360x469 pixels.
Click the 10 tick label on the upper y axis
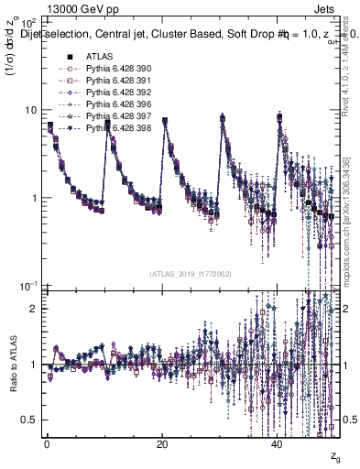tap(29, 110)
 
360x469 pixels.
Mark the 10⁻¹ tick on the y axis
tap(27, 287)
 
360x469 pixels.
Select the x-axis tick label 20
tap(161, 444)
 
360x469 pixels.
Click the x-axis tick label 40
tap(277, 444)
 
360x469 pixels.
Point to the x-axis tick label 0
tap(47, 444)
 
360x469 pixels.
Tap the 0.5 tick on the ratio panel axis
tap(29, 420)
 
